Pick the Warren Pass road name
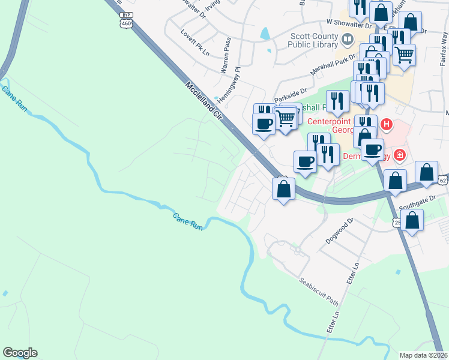(x=226, y=55)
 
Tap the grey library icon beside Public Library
(x=348, y=40)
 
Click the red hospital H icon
(x=387, y=125)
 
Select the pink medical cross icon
(x=400, y=155)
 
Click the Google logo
(x=20, y=353)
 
